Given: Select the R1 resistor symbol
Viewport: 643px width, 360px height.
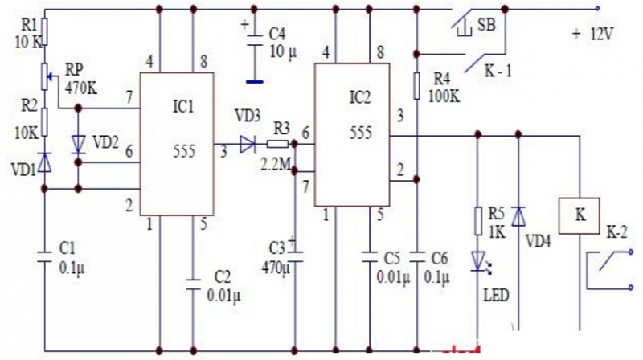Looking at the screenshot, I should [x=45, y=32].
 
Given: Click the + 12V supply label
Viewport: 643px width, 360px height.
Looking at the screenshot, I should [x=592, y=35].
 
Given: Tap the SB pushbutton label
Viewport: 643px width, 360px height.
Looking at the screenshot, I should [x=486, y=23].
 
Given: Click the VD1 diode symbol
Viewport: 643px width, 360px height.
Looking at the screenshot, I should [x=46, y=164].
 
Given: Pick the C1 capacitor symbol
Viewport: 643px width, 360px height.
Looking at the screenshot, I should [x=45, y=256].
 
